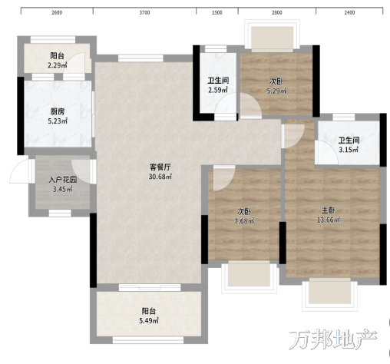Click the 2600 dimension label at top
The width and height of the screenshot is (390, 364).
tap(57, 12)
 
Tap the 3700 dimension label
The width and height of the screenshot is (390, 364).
tap(144, 12)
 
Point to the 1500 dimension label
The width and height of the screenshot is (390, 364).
tap(217, 12)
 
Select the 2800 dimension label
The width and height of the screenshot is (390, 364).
tap(277, 12)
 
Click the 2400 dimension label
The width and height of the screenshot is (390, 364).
tap(349, 12)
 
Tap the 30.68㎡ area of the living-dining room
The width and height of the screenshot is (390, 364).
tap(160, 177)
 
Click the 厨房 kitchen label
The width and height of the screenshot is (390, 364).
tap(58, 111)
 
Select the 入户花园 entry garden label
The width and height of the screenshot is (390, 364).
tap(63, 180)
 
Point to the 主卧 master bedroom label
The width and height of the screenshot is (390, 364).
tap(329, 210)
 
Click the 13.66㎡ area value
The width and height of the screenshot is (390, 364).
tap(329, 220)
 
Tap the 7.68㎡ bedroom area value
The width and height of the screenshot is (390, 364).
tap(244, 220)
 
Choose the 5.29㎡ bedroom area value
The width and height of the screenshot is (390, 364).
tap(276, 91)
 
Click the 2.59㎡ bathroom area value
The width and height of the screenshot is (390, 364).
tap(218, 90)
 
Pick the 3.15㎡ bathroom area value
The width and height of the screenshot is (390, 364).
tap(349, 150)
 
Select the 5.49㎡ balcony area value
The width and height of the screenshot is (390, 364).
tap(149, 320)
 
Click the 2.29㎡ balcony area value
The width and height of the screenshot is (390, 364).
tap(58, 65)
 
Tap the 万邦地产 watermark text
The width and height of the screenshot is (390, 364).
tap(333, 339)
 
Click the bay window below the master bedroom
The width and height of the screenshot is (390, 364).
tap(329, 295)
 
